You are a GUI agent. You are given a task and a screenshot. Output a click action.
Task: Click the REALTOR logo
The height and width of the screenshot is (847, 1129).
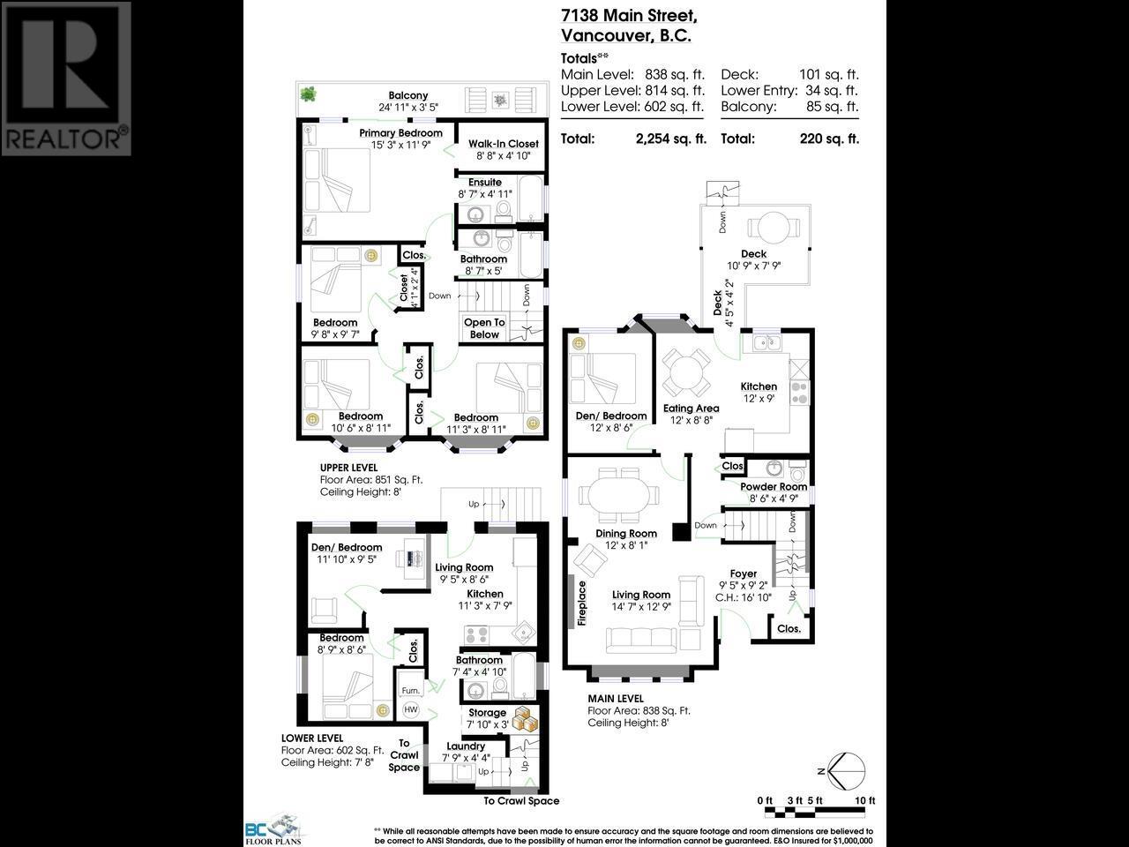(x=66, y=79)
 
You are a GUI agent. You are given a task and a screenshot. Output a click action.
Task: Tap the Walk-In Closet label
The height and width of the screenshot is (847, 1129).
(x=503, y=144)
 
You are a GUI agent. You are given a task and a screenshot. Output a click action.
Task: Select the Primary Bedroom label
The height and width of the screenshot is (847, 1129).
(x=400, y=133)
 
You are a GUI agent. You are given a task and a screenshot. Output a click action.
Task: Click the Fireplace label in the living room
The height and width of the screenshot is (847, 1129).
(x=582, y=603)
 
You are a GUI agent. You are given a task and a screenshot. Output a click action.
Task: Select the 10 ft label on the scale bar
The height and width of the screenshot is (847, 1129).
(x=865, y=800)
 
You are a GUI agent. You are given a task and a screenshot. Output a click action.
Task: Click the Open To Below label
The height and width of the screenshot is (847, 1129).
(x=484, y=328)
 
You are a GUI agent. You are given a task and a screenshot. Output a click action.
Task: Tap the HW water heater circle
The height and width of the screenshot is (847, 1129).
(x=410, y=709)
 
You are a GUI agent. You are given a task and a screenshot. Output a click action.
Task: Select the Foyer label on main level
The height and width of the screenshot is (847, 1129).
(x=743, y=573)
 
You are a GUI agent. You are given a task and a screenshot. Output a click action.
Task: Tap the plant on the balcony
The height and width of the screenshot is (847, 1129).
(x=309, y=93)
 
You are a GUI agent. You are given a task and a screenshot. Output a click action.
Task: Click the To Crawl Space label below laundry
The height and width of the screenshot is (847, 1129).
(x=520, y=801)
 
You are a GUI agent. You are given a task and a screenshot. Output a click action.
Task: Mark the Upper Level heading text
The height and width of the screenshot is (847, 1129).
(x=348, y=468)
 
